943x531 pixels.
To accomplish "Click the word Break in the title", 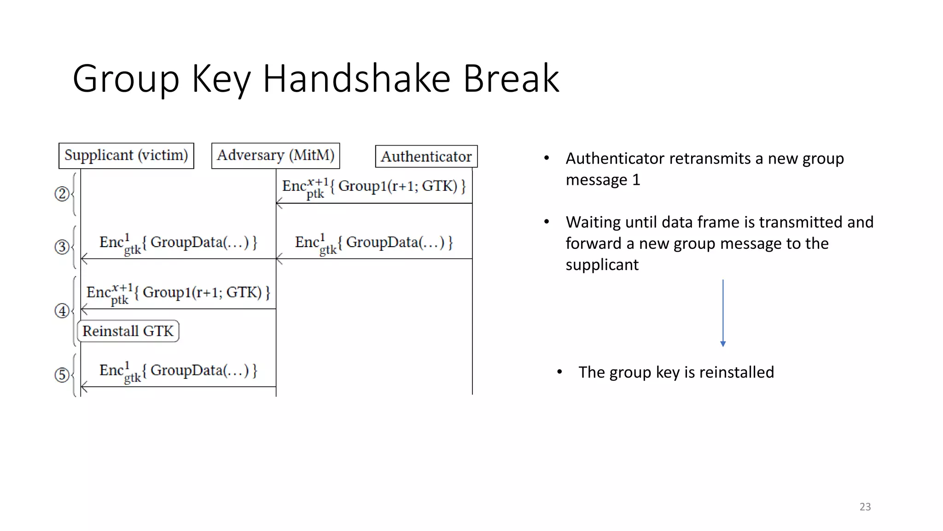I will click(x=511, y=79).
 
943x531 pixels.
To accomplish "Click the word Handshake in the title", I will click(x=356, y=79).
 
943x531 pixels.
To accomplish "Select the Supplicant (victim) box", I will click(x=126, y=156).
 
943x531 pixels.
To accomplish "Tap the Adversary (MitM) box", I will click(x=275, y=156).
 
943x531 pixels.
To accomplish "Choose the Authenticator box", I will click(x=426, y=157).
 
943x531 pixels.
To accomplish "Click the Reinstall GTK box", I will click(x=128, y=331).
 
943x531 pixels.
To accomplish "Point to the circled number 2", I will click(x=61, y=194).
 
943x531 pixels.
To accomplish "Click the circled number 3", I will click(x=61, y=247).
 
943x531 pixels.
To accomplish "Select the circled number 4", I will click(x=61, y=311).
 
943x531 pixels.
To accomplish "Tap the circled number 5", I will click(x=61, y=375).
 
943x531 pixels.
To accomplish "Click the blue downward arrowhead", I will click(x=723, y=344).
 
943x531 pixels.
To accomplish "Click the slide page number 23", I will click(x=865, y=507).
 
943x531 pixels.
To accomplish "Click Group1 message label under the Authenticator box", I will click(x=374, y=187).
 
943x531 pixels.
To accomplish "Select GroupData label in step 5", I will click(x=178, y=371).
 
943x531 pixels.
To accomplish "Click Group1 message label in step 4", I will click(x=178, y=293).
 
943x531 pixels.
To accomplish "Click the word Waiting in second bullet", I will click(x=594, y=222).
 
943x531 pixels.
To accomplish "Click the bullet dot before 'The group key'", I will click(x=559, y=372).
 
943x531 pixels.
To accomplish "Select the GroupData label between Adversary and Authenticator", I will click(x=374, y=243).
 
